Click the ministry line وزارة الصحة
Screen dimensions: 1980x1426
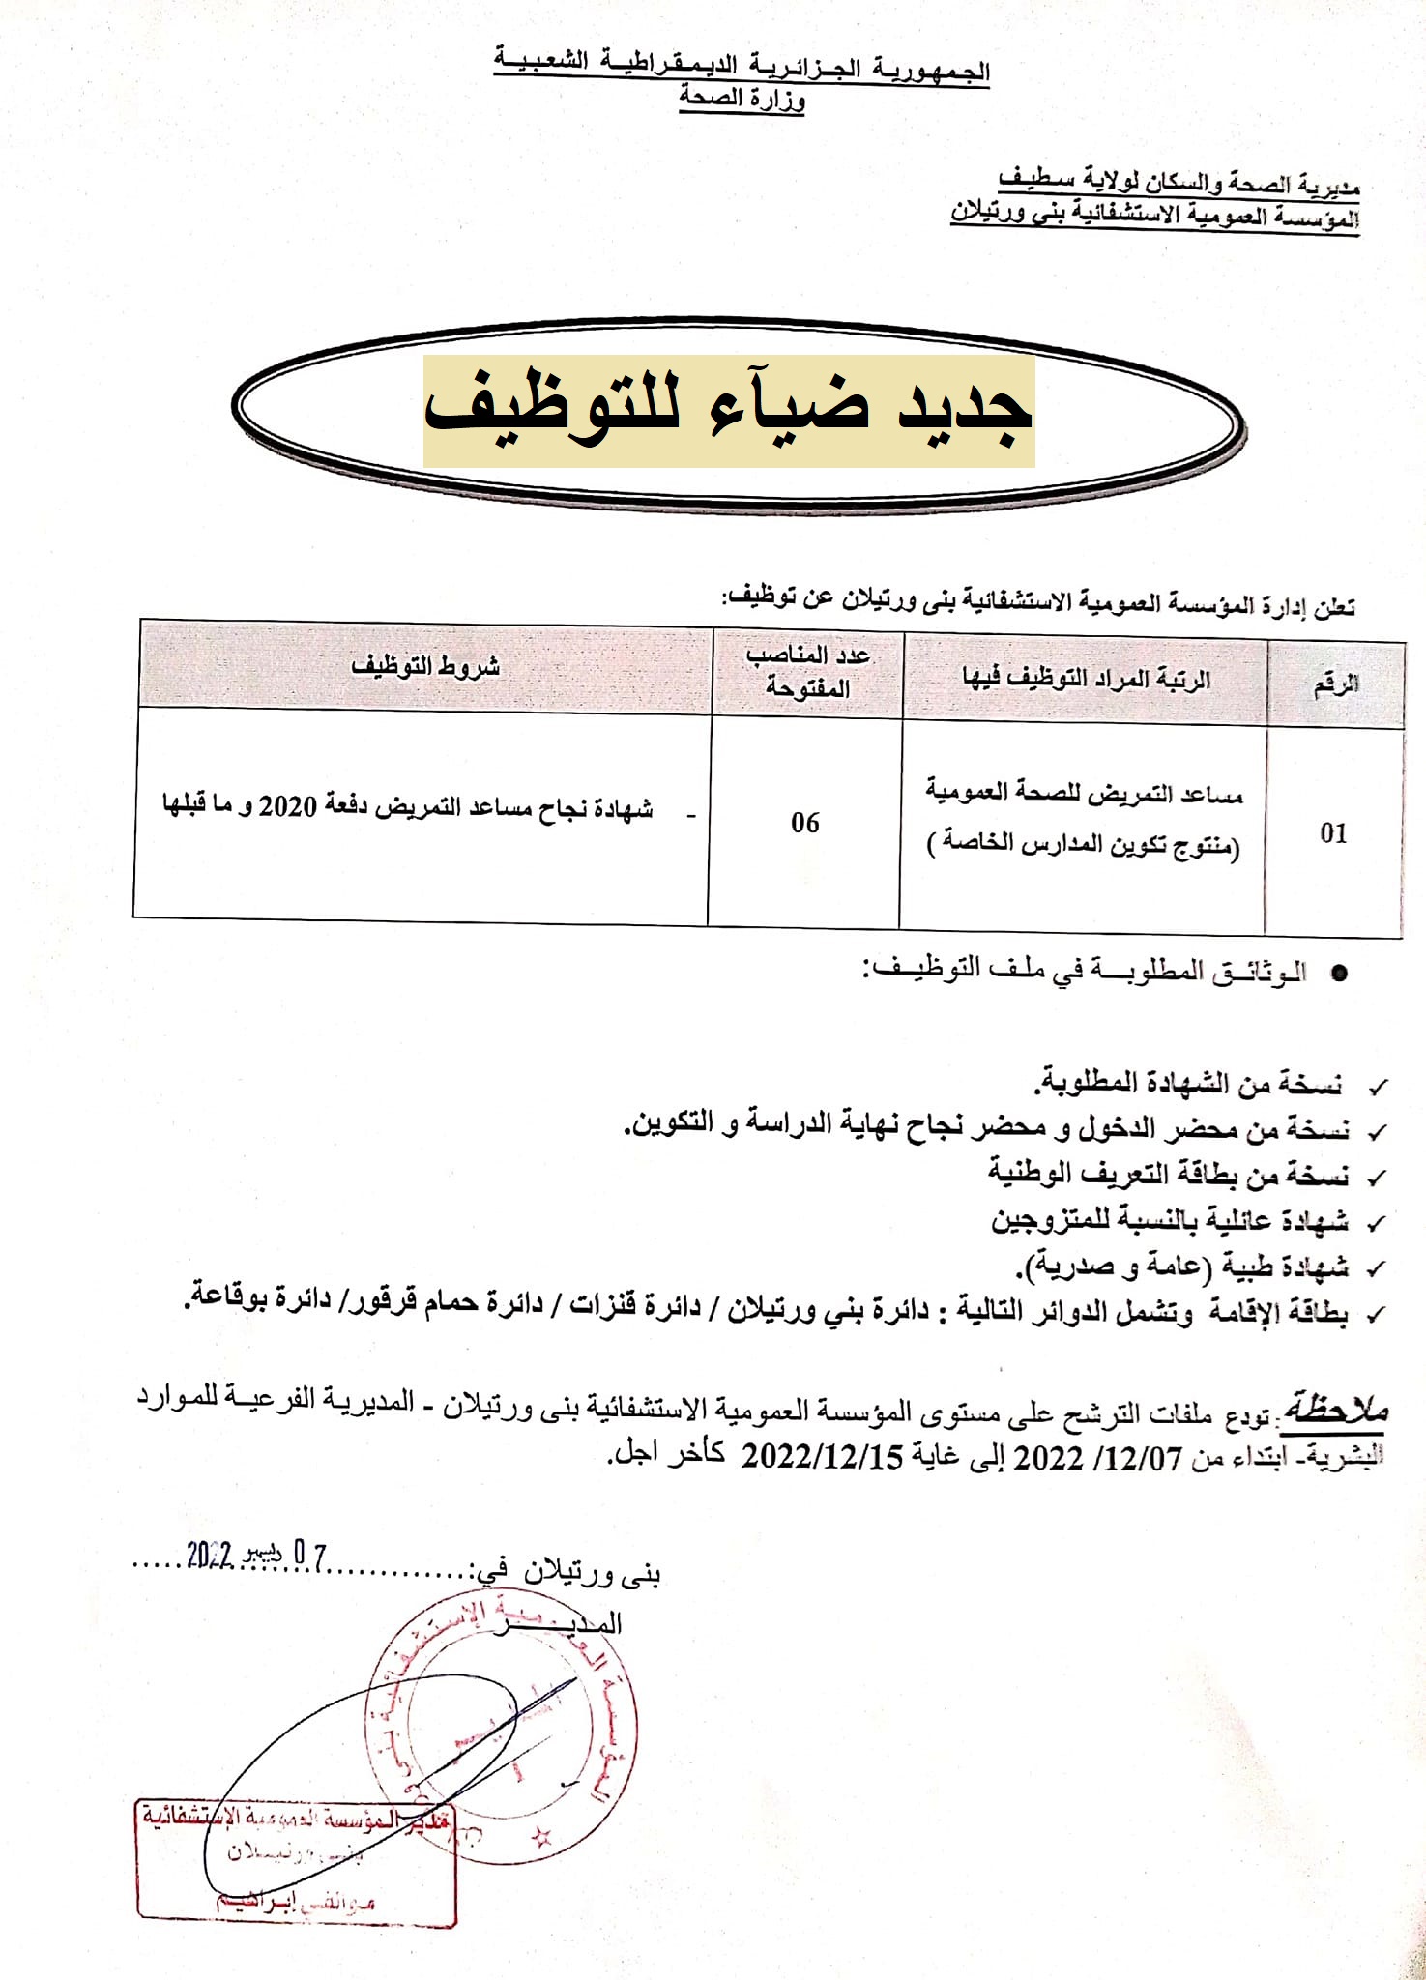[x=742, y=98]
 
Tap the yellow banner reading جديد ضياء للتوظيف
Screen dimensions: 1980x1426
[x=729, y=411]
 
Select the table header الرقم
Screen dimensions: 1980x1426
[x=1335, y=684]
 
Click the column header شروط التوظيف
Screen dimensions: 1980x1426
[x=425, y=665]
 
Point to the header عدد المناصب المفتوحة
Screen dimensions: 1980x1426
[x=807, y=671]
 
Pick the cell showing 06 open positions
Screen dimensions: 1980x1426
[x=804, y=823]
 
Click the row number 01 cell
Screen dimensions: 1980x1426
[x=1333, y=832]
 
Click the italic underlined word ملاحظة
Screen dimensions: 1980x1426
[x=1335, y=1410]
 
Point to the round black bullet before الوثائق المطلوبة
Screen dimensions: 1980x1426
[x=1339, y=974]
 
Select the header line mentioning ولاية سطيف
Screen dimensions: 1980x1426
[x=1179, y=181]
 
